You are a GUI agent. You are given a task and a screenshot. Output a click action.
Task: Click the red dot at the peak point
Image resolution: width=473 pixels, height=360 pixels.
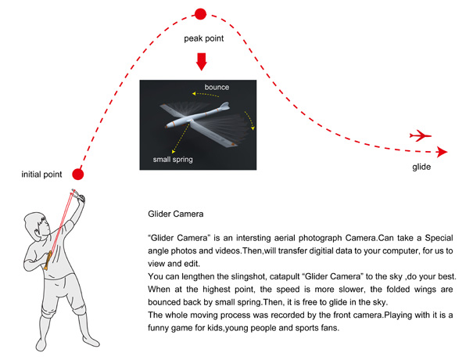pos(200,14)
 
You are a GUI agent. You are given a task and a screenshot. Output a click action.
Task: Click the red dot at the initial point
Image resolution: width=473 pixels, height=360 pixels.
pos(78,175)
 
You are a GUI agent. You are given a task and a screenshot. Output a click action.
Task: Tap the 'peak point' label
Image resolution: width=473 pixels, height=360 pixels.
pos(204,38)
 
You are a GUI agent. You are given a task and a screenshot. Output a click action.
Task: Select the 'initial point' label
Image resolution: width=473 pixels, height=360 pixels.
pos(41,175)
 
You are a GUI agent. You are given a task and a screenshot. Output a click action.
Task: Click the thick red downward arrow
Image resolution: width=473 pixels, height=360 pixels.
pos(201,62)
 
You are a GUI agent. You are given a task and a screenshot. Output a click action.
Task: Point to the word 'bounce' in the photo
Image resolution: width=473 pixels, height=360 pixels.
pos(217,88)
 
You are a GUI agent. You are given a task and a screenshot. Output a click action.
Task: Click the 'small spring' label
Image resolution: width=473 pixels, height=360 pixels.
pos(173,160)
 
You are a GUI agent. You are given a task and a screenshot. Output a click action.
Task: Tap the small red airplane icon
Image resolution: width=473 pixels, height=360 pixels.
pos(421,135)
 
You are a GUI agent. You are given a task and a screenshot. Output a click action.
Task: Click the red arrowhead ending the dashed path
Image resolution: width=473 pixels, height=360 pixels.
pos(443,152)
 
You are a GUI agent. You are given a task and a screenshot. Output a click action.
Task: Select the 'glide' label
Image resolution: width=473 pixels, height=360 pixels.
pos(421,167)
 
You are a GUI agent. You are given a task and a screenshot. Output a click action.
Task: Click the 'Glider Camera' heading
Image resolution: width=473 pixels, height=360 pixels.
pos(176,214)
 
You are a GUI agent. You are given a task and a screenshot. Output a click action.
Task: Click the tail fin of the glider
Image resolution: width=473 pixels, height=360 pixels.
pos(224,106)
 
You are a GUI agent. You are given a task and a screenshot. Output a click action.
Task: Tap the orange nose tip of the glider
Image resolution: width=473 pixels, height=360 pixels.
pos(167,127)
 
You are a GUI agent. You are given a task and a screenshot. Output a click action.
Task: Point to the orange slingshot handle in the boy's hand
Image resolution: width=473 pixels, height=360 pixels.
pos(48,260)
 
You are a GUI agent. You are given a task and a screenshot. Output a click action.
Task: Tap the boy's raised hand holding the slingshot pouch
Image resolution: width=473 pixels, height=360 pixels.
pos(81,199)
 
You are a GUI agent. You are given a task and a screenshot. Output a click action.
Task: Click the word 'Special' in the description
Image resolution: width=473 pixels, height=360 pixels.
pos(439,238)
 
